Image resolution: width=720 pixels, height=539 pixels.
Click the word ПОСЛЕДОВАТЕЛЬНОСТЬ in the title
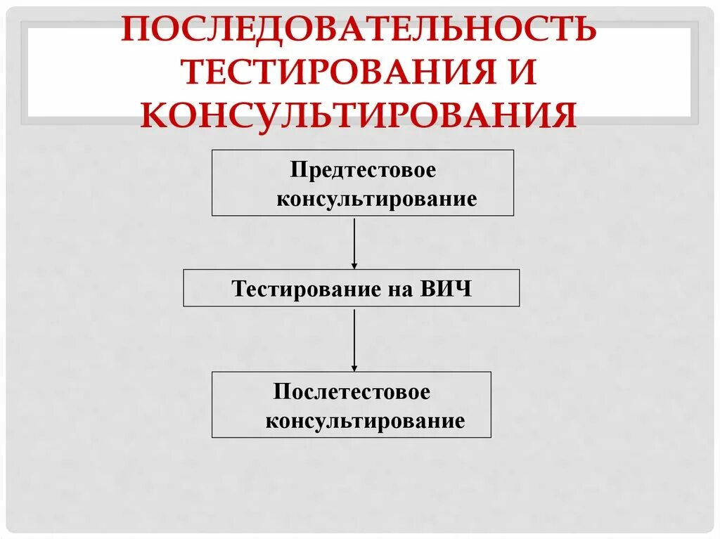pyautogui.click(x=359, y=30)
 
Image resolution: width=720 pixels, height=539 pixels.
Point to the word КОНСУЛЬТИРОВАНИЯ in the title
pyautogui.click(x=359, y=115)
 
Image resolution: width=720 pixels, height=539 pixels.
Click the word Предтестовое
pyautogui.click(x=364, y=171)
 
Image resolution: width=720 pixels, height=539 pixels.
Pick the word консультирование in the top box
pyautogui.click(x=376, y=199)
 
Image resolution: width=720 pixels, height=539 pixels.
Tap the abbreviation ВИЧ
pyautogui.click(x=446, y=289)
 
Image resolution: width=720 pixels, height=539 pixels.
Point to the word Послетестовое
pyautogui.click(x=352, y=392)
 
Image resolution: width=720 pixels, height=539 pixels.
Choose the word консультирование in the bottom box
pyautogui.click(x=365, y=421)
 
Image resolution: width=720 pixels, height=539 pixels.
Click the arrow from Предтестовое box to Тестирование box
pyautogui.click(x=354, y=242)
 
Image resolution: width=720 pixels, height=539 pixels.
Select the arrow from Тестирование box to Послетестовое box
pyautogui.click(x=354, y=339)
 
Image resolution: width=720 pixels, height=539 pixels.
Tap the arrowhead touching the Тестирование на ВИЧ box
pyautogui.click(x=354, y=265)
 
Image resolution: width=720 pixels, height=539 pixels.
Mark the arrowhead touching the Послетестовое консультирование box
pyautogui.click(x=354, y=368)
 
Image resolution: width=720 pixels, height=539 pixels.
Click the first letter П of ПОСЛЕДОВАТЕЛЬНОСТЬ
pyautogui.click(x=137, y=30)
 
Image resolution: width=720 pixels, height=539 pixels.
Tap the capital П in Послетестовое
pyautogui.click(x=281, y=392)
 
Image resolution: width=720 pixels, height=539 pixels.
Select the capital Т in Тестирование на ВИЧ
pyautogui.click(x=239, y=289)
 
